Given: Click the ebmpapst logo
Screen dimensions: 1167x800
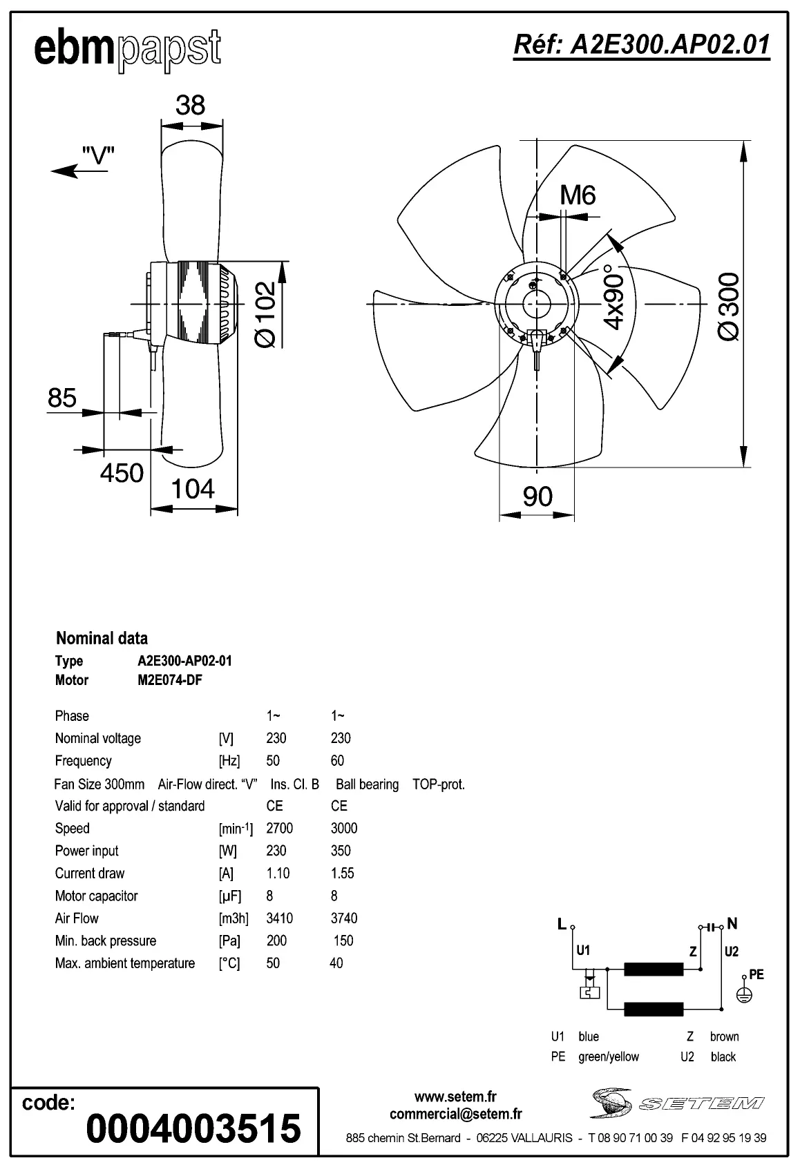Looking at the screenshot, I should point(128,50).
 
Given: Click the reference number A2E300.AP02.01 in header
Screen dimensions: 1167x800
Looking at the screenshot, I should point(641,45).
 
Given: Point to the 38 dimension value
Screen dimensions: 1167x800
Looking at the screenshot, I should point(190,105).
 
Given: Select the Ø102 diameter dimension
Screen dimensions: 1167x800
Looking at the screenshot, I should point(267,314).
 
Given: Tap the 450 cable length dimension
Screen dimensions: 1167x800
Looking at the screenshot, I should point(122,474).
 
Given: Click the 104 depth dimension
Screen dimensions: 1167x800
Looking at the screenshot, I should point(192,489).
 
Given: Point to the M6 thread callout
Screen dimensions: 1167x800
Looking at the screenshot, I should point(578,196).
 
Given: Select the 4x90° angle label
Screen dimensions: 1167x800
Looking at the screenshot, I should point(613,297).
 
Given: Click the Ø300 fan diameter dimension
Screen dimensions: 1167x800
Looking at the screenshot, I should point(730,306).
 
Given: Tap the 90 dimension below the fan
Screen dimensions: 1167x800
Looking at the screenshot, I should point(537,496).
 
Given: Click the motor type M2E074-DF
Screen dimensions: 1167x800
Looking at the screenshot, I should point(170,680).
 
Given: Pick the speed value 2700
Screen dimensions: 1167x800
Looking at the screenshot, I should point(279,828).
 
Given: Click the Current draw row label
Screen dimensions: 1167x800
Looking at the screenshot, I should point(90,873).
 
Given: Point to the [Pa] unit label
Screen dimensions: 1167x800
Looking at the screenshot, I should point(229,941).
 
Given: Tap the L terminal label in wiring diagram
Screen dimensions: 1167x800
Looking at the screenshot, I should point(562,923).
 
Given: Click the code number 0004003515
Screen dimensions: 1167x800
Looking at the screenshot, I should point(193,1128).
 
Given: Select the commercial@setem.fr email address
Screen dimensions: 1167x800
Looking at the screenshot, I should point(455,1114).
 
